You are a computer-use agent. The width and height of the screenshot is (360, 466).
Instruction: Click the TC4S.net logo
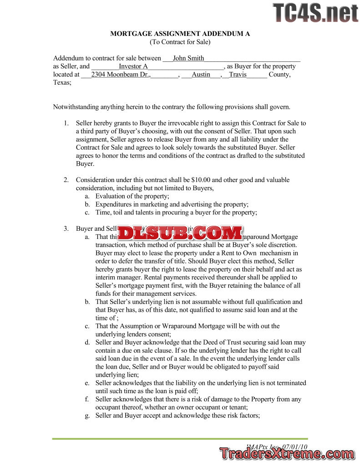tap(315, 12)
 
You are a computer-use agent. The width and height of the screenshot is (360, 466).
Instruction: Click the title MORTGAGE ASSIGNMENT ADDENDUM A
tap(180, 34)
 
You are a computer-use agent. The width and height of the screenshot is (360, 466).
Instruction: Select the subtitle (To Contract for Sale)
tap(180, 42)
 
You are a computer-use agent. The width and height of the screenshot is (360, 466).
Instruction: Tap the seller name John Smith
tap(188, 58)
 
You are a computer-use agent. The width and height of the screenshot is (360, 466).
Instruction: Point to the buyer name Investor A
tap(133, 66)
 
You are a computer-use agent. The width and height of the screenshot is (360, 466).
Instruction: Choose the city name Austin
tap(201, 75)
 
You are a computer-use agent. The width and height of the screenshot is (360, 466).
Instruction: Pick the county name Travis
tap(237, 75)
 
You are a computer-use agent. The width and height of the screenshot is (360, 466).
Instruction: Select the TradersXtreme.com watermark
tap(286, 453)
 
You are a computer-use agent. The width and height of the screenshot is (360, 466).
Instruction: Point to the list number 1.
tap(66, 123)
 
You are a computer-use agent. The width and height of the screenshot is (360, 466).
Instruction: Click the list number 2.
tap(66, 180)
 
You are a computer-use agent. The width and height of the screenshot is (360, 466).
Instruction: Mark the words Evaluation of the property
tap(132, 196)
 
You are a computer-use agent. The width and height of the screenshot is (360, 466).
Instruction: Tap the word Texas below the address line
tap(62, 83)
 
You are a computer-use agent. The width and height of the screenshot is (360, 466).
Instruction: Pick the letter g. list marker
tap(87, 415)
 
